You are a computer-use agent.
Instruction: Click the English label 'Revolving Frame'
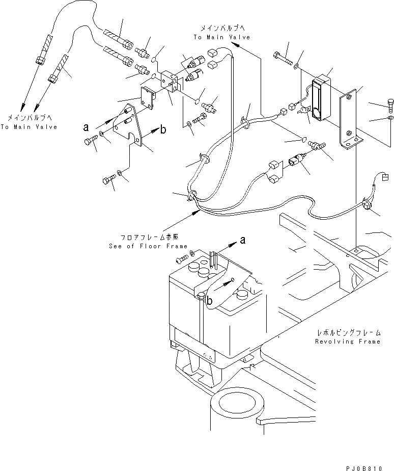coord(347,342)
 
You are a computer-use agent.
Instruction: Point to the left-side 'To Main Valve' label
coord(29,126)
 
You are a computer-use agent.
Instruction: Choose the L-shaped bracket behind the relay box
coord(350,122)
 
